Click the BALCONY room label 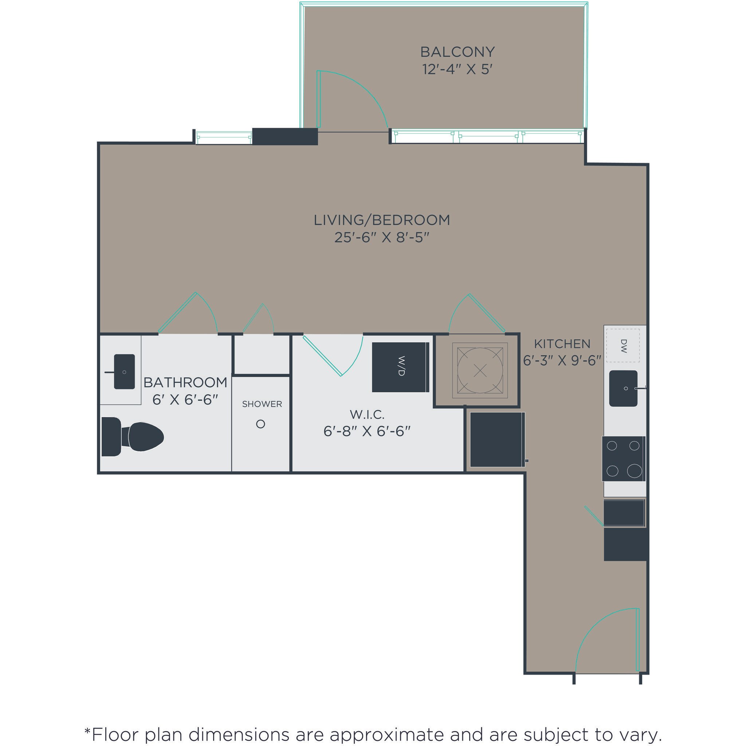pos(457,52)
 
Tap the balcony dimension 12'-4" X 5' pos(457,70)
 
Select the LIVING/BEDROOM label pos(381,220)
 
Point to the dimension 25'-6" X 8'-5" pos(381,237)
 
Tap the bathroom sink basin pos(124,372)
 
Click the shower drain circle pos(261,424)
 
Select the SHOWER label pos(262,404)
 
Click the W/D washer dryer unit pos(400,367)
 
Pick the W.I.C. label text pos(367,414)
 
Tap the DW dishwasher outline pos(623,346)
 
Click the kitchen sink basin pos(623,388)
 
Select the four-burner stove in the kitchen pos(623,458)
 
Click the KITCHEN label pos(562,343)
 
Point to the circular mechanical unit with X pos(480,371)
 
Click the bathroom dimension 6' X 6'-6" pos(185,400)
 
